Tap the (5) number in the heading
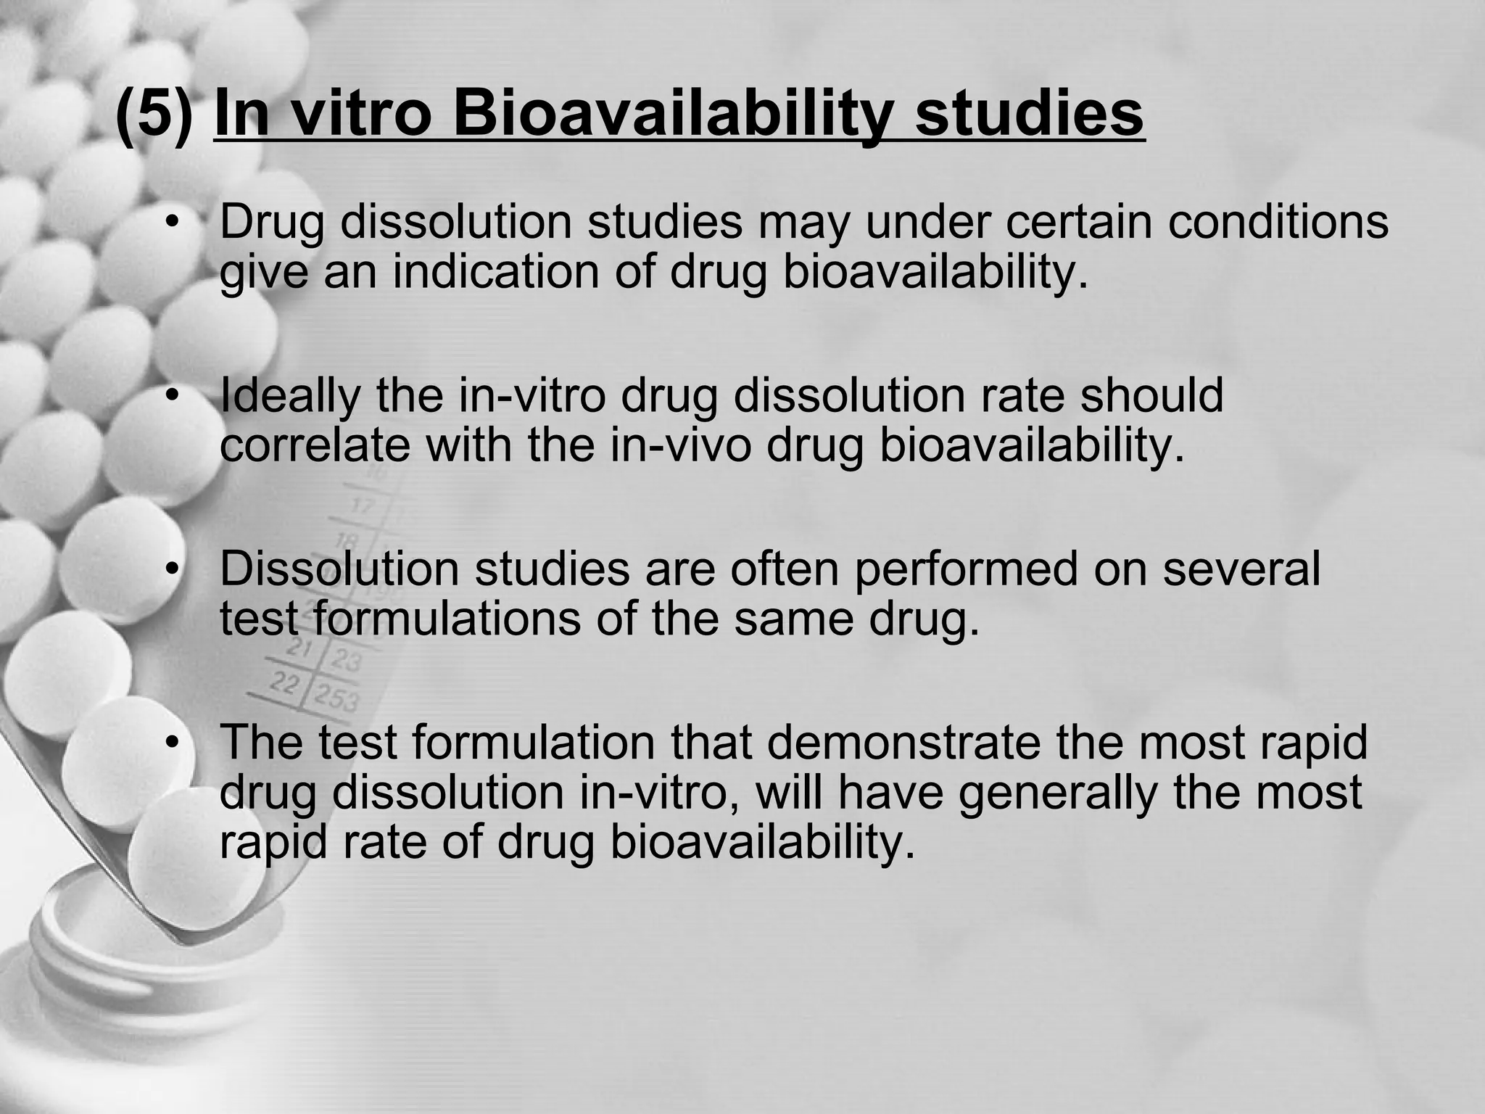click(x=154, y=115)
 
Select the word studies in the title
click(x=1030, y=115)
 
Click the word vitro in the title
click(x=361, y=115)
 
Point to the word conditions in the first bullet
click(x=1278, y=222)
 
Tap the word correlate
click(x=315, y=445)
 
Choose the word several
click(x=1241, y=569)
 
